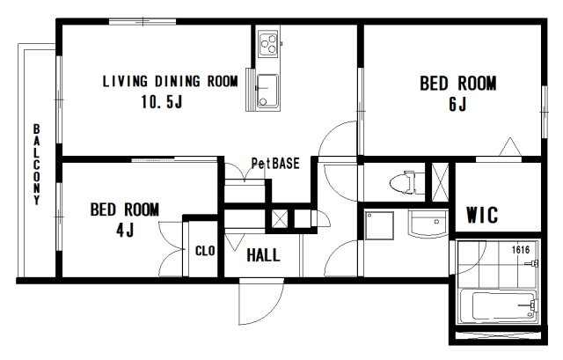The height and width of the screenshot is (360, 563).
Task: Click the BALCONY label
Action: (x=37, y=165)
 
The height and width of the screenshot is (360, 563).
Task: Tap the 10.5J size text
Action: (x=162, y=102)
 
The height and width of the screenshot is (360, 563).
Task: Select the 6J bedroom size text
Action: (x=457, y=104)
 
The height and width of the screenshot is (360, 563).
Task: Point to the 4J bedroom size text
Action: (x=125, y=230)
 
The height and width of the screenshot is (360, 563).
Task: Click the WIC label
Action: (x=482, y=216)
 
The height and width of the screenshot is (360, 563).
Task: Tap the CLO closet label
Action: (x=205, y=251)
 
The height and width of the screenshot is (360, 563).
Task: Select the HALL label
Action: (x=263, y=255)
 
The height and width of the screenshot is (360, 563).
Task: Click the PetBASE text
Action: (x=275, y=164)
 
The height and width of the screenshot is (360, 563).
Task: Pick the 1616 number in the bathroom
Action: (x=521, y=249)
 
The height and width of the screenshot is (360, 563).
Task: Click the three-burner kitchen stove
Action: (x=267, y=44)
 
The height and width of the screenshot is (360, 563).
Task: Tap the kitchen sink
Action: (x=267, y=91)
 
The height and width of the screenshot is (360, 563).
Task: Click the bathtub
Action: (x=498, y=305)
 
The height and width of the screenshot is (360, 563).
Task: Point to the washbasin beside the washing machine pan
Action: (x=428, y=224)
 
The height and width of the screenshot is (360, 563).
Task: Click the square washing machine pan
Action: (x=379, y=225)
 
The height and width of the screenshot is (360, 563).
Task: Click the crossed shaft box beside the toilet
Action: (x=440, y=182)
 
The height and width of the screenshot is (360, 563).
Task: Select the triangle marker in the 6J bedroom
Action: (x=510, y=147)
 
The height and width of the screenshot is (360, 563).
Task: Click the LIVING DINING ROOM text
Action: (x=170, y=82)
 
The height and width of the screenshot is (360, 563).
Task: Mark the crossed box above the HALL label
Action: (x=280, y=218)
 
